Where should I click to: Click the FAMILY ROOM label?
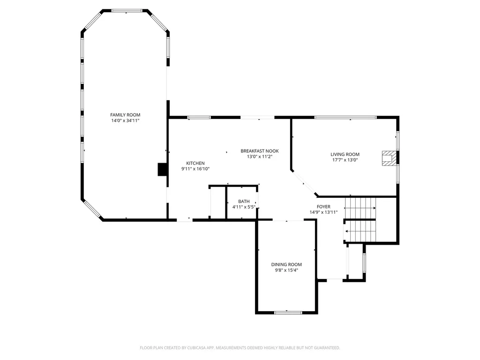[125, 115]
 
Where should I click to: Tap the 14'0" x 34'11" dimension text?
[125, 121]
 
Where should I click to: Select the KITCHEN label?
[195, 163]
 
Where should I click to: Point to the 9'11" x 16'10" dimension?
[195, 169]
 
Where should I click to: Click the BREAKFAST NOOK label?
[260, 151]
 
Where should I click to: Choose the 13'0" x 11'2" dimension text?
[260, 157]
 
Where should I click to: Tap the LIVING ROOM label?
[345, 154]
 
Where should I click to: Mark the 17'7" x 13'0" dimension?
[345, 160]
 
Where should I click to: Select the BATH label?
[244, 202]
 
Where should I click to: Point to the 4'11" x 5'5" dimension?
[244, 207]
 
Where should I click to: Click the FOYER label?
[323, 207]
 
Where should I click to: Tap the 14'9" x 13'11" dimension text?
[323, 212]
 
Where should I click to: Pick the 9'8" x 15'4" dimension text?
[286, 270]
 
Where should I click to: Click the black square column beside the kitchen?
[163, 169]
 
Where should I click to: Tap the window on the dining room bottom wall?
[288, 312]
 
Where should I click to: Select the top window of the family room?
[127, 10]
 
